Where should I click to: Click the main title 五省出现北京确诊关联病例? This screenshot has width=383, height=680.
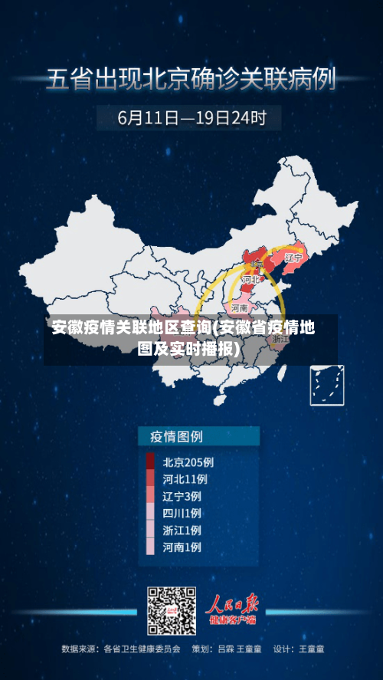(x=191, y=79)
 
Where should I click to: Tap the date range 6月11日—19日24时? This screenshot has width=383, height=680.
(x=191, y=118)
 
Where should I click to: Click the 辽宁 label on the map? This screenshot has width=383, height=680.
(x=293, y=258)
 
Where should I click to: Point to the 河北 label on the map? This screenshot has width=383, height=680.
(x=250, y=281)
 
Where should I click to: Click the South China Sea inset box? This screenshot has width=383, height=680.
(x=326, y=385)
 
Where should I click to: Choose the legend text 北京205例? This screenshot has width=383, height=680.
(x=188, y=462)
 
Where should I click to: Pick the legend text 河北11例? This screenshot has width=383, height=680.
(x=185, y=479)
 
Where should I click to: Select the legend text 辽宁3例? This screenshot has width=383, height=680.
(x=182, y=496)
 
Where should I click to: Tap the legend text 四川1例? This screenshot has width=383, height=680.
(x=182, y=513)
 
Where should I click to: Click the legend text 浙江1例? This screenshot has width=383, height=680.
(x=182, y=530)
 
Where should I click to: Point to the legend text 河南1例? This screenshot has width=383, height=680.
(x=182, y=547)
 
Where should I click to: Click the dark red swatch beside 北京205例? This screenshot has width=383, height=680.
(x=150, y=462)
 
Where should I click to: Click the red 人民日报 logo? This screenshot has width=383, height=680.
(x=234, y=606)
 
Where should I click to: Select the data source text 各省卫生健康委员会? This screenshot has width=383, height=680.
(x=142, y=649)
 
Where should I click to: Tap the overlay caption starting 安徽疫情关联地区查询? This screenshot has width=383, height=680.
(x=184, y=338)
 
